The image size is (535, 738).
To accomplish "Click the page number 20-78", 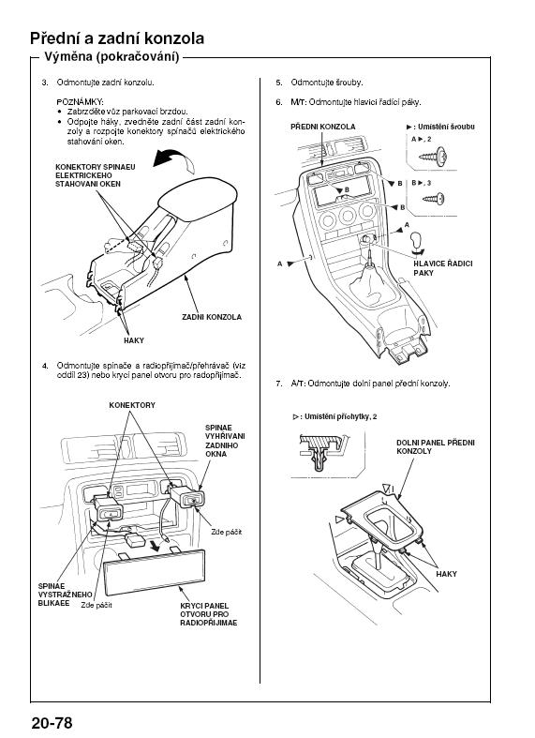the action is (52, 722).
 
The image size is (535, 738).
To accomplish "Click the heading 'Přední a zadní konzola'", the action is (117, 38).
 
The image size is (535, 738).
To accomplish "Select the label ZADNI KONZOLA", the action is (212, 317).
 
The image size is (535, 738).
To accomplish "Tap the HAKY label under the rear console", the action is (133, 340).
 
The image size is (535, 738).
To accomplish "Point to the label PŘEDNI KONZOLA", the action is (323, 127).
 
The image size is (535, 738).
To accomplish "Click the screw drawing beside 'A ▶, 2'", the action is (433, 157).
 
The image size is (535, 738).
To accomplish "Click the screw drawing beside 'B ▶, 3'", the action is (434, 199).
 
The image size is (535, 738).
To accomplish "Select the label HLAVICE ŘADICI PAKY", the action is (443, 268).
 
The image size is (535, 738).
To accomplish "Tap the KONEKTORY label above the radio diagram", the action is (132, 405).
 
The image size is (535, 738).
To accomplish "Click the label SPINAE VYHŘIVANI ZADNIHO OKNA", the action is (225, 441).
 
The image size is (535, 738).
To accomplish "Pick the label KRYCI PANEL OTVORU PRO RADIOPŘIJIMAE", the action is (209, 614).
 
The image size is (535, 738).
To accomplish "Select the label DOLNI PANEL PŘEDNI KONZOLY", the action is (436, 446).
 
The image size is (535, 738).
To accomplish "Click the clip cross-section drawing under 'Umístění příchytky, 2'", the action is (322, 453).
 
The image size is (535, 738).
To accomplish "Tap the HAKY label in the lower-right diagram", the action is (446, 574).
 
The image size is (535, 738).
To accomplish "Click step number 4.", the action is (45, 366).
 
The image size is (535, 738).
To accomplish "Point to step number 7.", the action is (279, 384).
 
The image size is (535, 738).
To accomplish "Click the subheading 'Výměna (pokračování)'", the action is (111, 57).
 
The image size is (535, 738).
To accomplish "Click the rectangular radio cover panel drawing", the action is (155, 571).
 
